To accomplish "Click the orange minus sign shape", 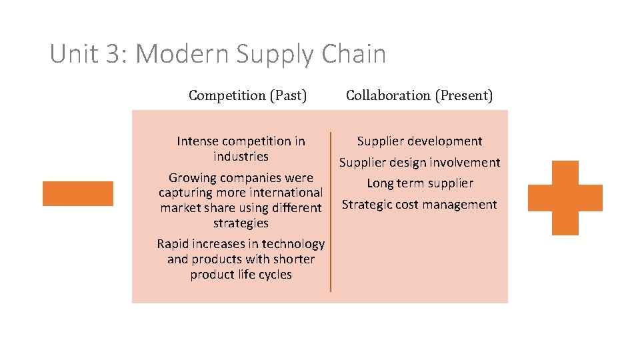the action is point(78,193).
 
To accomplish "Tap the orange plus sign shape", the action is point(565,198).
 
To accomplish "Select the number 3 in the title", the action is point(112,54).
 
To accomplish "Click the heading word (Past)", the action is point(288,95).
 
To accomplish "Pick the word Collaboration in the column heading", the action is point(388,95).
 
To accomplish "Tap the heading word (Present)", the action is point(464,95).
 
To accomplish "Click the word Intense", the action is point(197,141).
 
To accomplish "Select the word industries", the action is point(241,157).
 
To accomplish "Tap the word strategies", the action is point(241,223).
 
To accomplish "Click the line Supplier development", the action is point(419,141).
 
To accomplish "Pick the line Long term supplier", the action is point(420,183).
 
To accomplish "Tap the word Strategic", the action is point(365,205).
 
